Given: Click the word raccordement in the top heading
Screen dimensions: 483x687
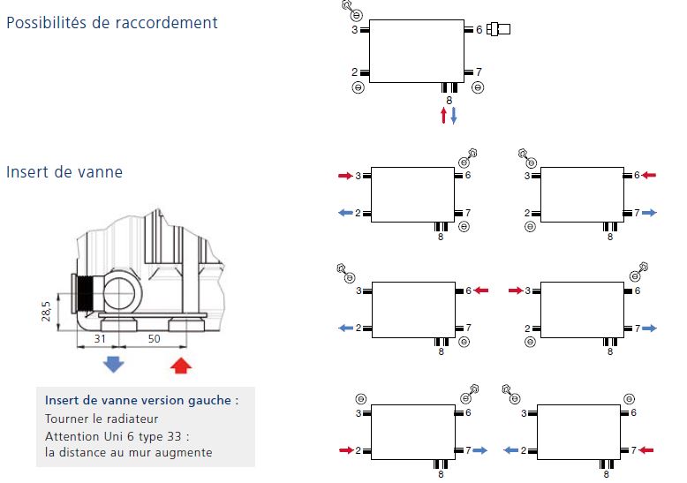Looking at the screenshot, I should pyautogui.click(x=167, y=23).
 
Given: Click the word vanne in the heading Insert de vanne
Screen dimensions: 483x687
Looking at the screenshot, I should pyautogui.click(x=98, y=172).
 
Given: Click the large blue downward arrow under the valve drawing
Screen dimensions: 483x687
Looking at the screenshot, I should pyautogui.click(x=114, y=363).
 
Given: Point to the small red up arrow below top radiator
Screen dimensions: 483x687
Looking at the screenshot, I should pyautogui.click(x=444, y=116).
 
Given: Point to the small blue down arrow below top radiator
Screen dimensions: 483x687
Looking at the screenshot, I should pyautogui.click(x=454, y=116).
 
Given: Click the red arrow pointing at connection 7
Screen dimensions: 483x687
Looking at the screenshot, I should pyautogui.click(x=646, y=450).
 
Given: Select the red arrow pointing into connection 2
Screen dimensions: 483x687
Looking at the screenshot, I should pyautogui.click(x=345, y=450).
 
